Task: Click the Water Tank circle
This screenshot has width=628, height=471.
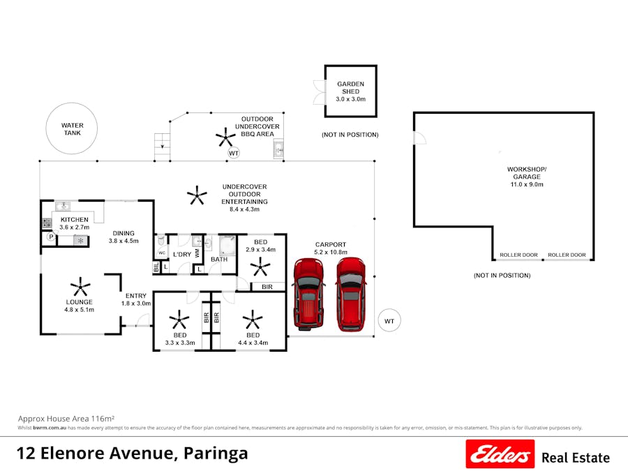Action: pyautogui.click(x=72, y=130)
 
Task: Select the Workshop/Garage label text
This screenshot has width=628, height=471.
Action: pyautogui.click(x=526, y=177)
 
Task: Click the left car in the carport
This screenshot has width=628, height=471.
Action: pyautogui.click(x=308, y=293)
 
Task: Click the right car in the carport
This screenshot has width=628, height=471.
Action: pyautogui.click(x=351, y=294)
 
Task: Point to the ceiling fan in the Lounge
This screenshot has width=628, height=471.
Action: pyautogui.click(x=80, y=286)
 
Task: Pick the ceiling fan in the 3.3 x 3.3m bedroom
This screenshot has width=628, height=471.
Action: pyautogui.click(x=180, y=321)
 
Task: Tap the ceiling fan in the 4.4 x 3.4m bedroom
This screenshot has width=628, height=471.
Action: pyautogui.click(x=252, y=321)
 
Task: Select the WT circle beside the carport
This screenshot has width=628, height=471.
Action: pyautogui.click(x=389, y=321)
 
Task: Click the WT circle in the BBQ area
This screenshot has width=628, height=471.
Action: pyautogui.click(x=234, y=152)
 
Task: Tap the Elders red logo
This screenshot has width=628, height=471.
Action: pyautogui.click(x=500, y=454)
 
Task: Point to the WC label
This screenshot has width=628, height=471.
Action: pyautogui.click(x=161, y=253)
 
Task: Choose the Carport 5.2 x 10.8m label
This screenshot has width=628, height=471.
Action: pyautogui.click(x=331, y=248)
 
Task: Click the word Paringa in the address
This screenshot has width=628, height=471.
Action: pyautogui.click(x=216, y=454)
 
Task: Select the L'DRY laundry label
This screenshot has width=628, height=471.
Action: pyautogui.click(x=182, y=254)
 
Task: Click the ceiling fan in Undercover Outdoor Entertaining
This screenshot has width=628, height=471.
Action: pyautogui.click(x=197, y=196)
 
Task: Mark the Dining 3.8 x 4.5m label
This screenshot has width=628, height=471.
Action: pyautogui.click(x=124, y=237)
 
